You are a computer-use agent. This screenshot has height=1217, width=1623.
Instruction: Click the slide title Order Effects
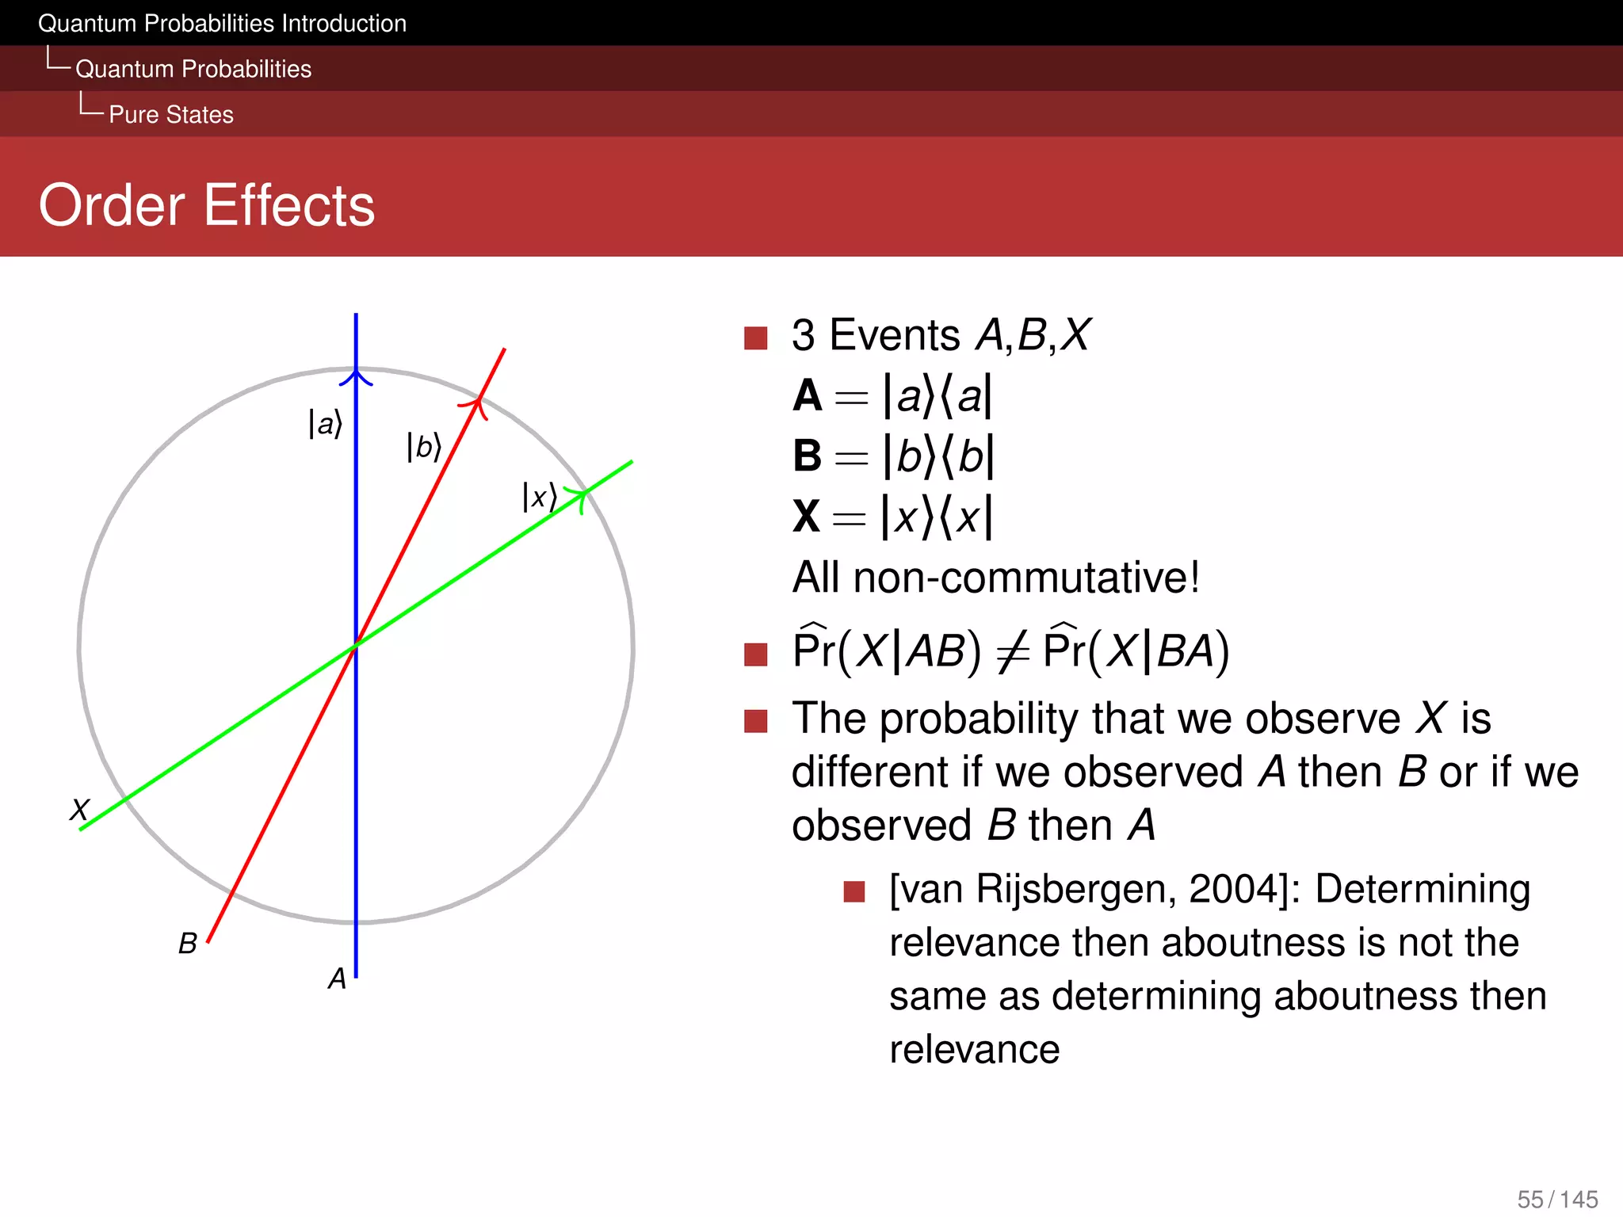207,205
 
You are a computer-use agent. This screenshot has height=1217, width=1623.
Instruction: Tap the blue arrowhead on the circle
356,376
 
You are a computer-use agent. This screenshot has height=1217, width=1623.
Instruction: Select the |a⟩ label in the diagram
325,424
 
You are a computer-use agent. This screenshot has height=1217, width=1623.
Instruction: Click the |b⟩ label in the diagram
423,447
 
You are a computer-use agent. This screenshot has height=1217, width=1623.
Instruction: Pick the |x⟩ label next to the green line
539,498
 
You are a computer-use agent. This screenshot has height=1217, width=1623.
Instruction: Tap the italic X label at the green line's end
80,810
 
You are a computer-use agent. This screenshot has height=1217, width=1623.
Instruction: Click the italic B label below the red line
188,944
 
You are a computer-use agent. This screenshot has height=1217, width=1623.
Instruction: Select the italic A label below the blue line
338,979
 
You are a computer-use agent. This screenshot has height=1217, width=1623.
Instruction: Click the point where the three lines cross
356,645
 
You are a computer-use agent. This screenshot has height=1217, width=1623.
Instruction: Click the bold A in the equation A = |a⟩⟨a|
808,395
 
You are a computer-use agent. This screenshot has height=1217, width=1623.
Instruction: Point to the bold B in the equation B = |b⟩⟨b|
808,456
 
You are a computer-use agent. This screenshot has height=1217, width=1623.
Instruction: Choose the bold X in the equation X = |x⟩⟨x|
807,517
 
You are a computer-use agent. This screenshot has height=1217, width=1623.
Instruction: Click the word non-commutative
1026,578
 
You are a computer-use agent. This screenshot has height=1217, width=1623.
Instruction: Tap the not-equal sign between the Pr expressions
1013,653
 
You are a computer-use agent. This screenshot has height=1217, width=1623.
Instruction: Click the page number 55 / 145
1557,1199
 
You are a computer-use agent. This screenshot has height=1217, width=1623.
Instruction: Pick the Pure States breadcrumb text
171,115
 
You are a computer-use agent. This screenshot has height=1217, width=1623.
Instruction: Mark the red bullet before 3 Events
756,338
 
